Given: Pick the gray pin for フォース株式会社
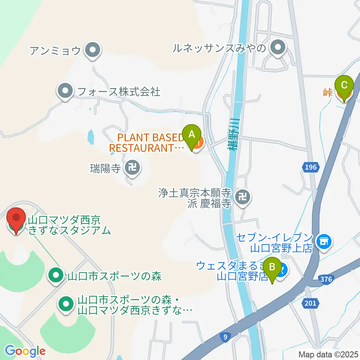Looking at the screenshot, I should pos(66,91).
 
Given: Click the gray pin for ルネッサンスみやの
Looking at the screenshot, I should pos(277,48).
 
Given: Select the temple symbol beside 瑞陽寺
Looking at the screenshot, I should pos(132,167).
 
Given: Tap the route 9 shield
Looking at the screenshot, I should pos(225,337).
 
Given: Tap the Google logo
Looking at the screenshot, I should pos(25,351).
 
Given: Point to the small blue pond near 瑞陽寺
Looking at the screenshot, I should pos(91,137).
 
